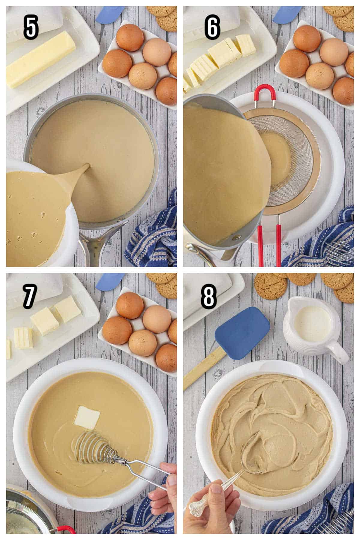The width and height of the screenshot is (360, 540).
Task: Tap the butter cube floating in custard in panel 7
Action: pos(87,417)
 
